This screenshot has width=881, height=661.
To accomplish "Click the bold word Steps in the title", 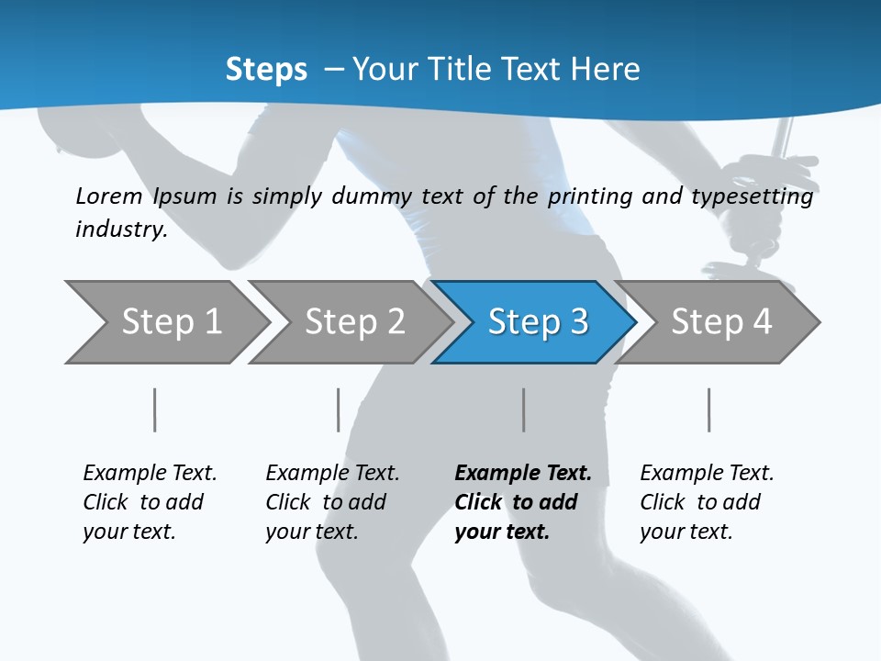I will point(266,69).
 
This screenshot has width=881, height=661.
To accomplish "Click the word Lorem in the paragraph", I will point(108,196).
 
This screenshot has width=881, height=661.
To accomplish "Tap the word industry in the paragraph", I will point(120,229).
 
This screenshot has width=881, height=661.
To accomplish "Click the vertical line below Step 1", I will point(155,409).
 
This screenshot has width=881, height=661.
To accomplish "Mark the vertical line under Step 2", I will point(339,409).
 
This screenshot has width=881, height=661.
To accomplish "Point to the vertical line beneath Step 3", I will point(523,409).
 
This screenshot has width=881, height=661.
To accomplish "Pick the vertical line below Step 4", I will point(708,409).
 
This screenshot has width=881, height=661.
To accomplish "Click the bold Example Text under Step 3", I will point(523,474).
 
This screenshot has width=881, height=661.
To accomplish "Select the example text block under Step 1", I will point(150,502).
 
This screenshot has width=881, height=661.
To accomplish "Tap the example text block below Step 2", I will point(332,502).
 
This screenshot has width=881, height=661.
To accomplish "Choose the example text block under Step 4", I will point(707,502).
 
